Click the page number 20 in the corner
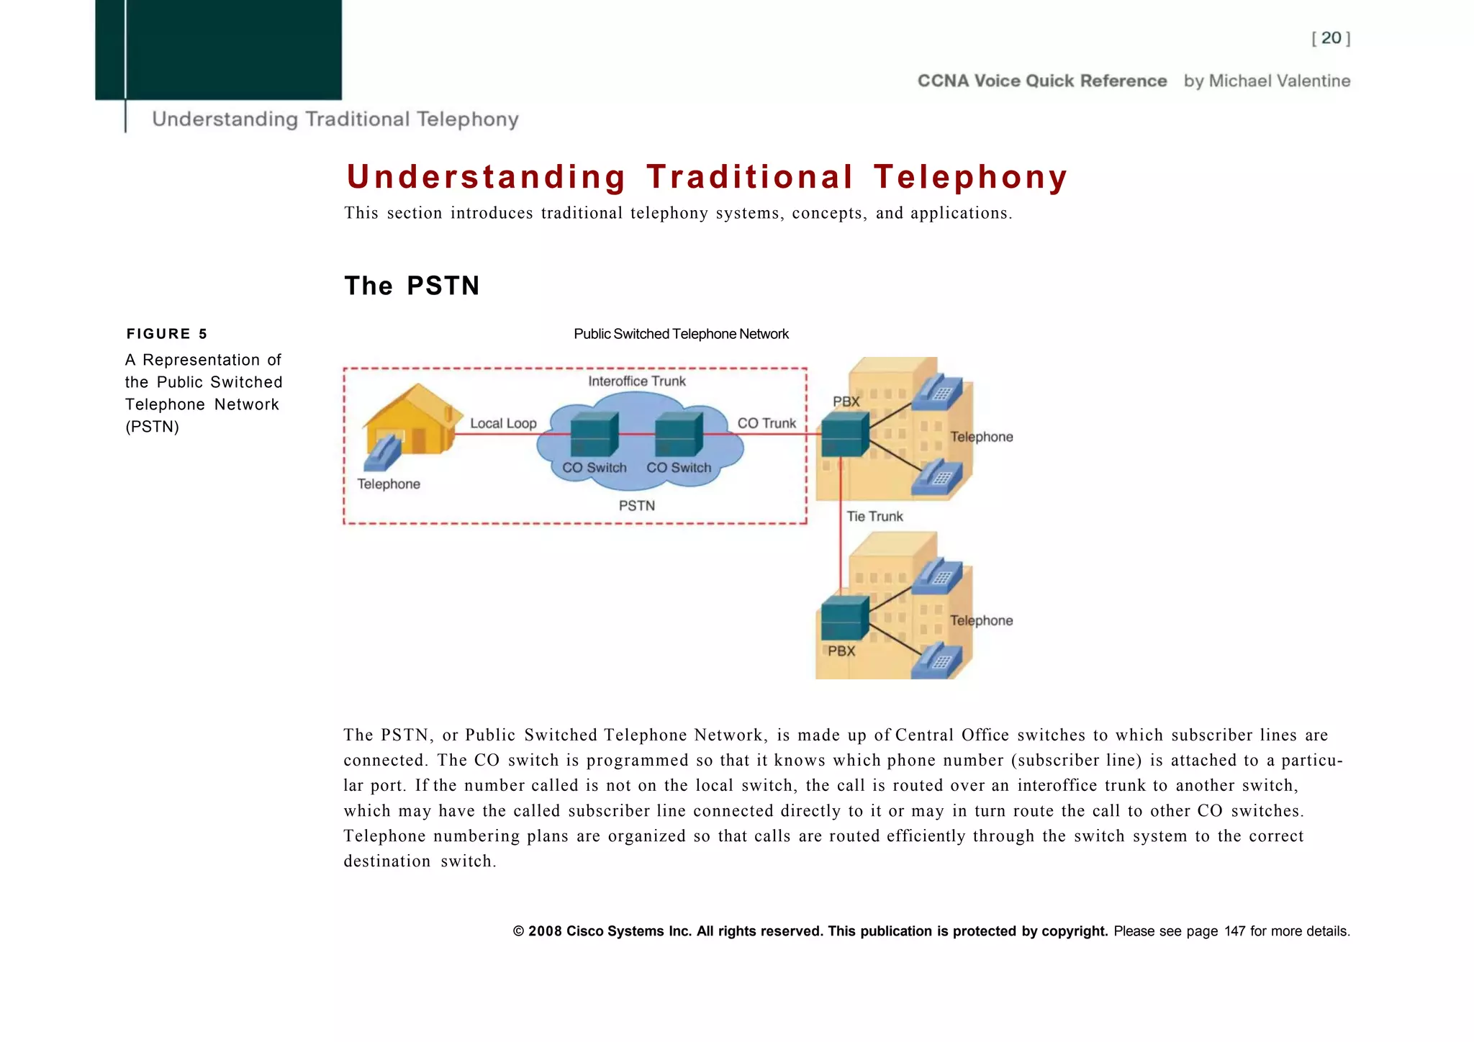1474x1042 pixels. coord(1331,38)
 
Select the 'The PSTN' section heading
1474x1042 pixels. coord(412,286)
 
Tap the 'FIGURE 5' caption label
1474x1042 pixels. coord(166,334)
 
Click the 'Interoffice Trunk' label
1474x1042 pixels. coord(637,381)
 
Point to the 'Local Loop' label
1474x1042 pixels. coord(503,423)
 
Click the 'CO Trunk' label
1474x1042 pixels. coord(767,423)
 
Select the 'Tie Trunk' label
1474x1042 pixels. coord(874,516)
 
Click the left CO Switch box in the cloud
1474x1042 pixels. coord(594,434)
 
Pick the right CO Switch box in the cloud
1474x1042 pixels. coord(678,434)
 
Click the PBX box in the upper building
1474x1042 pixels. coord(845,434)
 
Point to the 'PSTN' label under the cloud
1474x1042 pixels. coord(637,506)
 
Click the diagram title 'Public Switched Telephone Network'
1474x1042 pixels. coord(681,334)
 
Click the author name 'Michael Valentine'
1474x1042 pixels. coord(1279,81)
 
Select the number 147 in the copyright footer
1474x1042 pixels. coord(1234,931)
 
